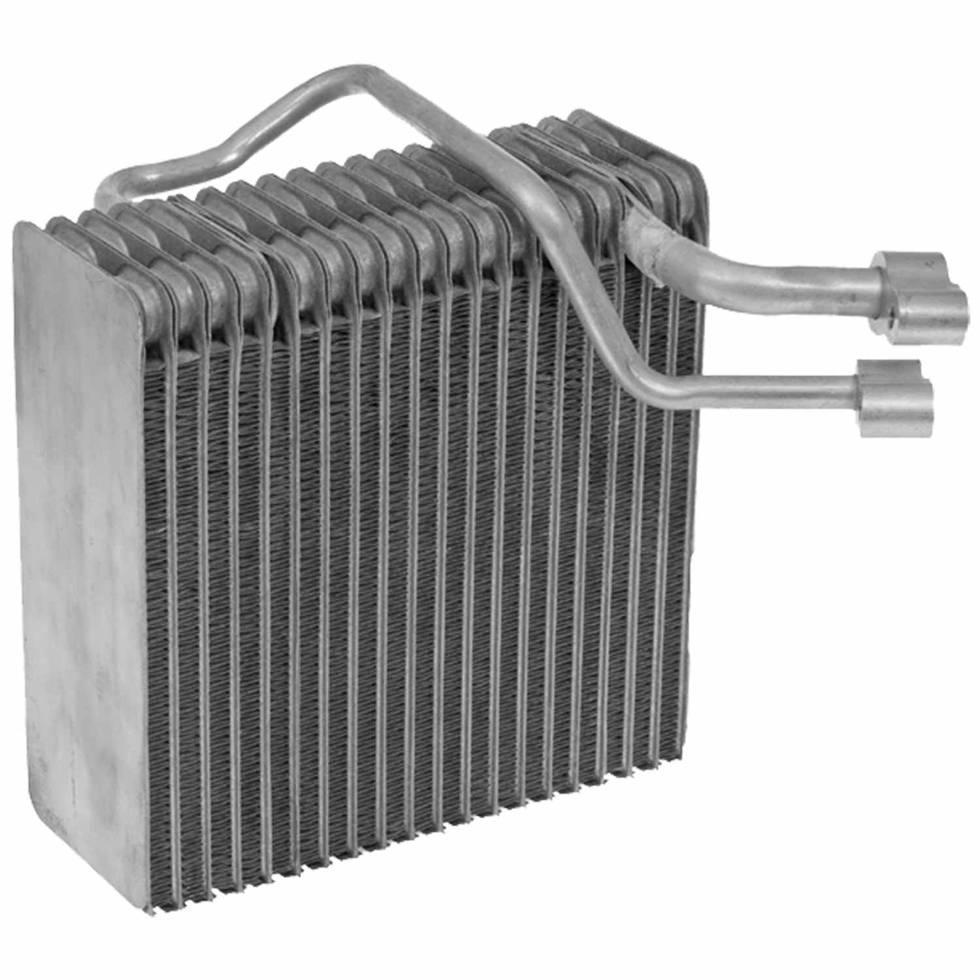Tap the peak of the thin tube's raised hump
coord(366,75)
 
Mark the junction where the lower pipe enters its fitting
coord(859,389)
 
